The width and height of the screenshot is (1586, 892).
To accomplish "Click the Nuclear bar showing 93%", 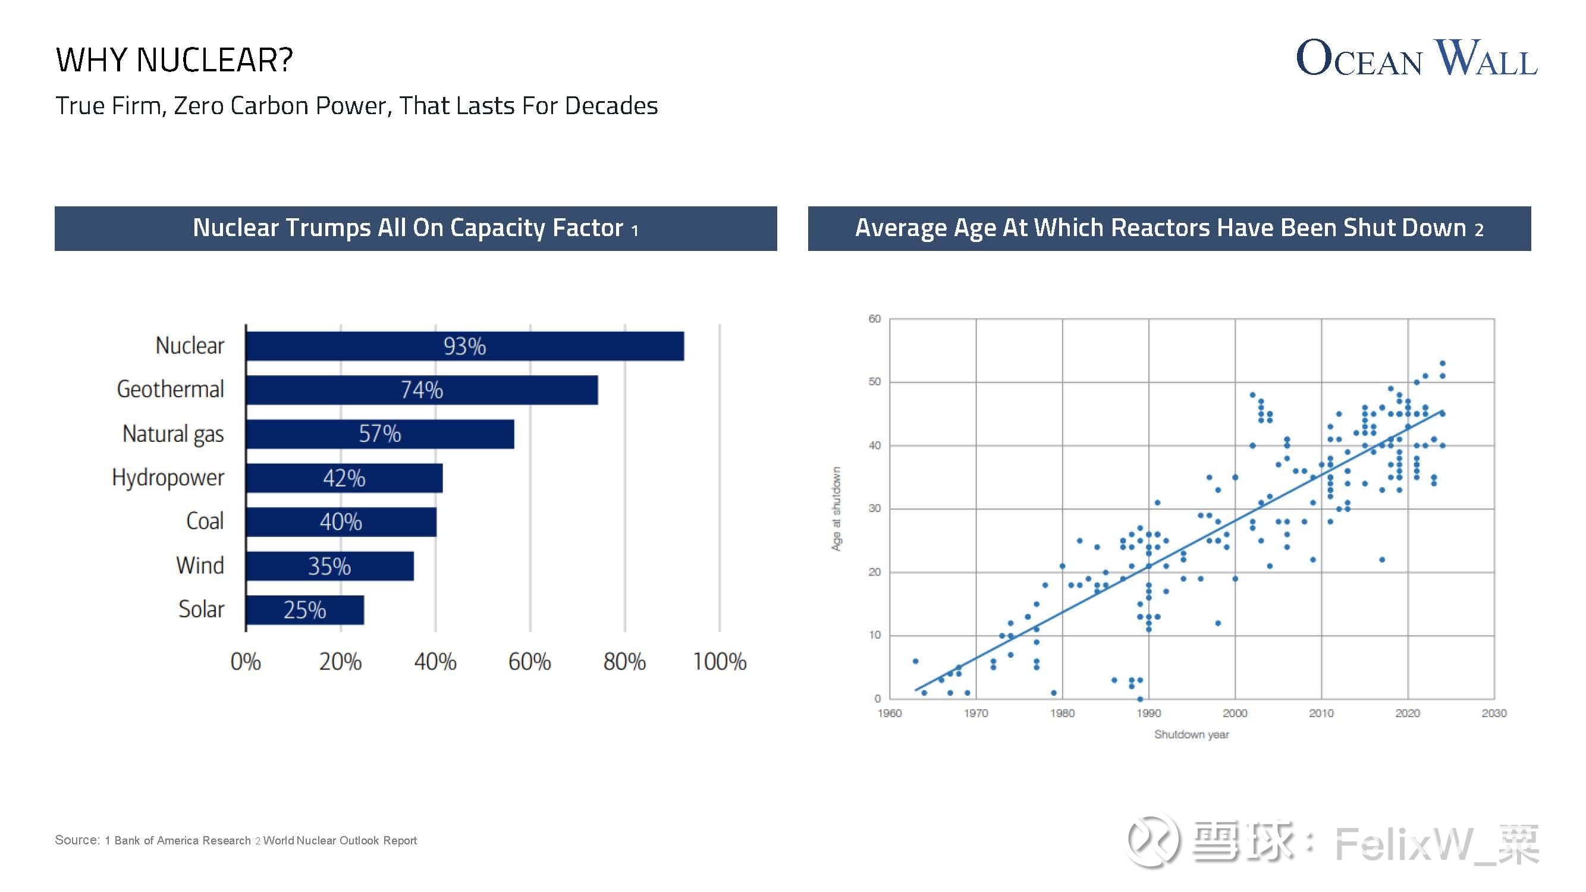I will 464,346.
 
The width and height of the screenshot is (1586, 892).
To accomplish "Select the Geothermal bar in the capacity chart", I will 422,390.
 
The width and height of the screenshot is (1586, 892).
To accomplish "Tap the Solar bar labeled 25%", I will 304,610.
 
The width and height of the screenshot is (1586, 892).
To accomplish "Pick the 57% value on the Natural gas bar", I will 380,434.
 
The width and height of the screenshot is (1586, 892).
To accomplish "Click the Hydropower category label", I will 168,478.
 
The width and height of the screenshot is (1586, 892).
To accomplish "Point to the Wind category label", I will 199,565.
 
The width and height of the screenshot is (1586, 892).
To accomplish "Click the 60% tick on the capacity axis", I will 529,662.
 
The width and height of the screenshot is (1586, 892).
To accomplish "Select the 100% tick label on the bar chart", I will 719,662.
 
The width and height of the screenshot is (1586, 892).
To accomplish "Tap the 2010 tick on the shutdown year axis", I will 1321,714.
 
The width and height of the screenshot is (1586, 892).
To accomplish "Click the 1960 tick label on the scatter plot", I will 889,714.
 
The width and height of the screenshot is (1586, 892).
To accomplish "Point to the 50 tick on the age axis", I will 874,382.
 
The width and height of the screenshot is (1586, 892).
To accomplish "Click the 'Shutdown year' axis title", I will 1191,734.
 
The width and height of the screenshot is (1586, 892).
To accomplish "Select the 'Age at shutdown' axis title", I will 836,508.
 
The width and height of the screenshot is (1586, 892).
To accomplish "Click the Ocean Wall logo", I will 1416,58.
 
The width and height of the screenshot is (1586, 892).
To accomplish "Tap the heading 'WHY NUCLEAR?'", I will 174,60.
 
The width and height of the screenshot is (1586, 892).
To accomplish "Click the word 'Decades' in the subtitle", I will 611,106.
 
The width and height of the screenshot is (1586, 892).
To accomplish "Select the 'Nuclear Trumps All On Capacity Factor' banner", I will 416,228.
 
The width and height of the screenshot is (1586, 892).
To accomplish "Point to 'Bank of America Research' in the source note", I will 182,841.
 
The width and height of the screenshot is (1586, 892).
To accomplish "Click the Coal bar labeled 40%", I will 341,522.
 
